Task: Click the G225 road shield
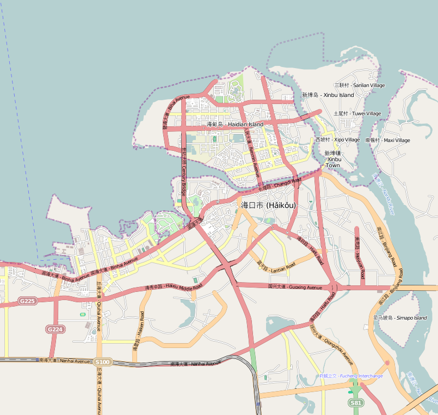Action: pos(27,301)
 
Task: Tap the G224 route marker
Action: pos(55,329)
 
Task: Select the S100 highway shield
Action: pos(102,362)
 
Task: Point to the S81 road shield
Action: pos(355,402)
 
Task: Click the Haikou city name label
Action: pos(268,205)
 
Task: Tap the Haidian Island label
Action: pos(235,125)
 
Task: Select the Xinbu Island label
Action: pos(328,95)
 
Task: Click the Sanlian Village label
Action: pos(359,86)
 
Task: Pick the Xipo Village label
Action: pos(337,140)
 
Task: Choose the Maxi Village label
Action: pos(387,140)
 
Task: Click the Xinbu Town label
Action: pos(332,159)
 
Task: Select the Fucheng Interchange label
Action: pos(351,376)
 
